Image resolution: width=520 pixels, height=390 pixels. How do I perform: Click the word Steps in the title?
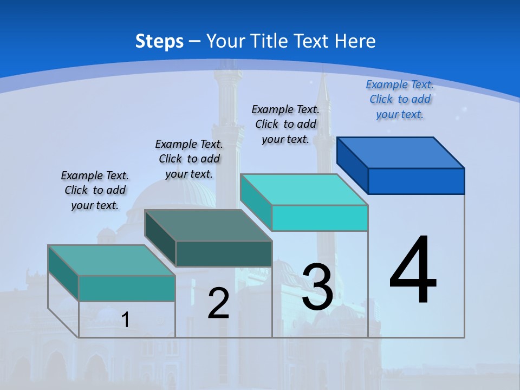159,41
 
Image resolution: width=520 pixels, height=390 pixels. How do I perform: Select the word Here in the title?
355,41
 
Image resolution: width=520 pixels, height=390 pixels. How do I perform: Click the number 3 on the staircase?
317,287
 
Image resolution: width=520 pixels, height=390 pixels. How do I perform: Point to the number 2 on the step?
218,303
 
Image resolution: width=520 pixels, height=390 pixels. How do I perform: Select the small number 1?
126,320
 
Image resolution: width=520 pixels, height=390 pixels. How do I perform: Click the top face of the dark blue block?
401,153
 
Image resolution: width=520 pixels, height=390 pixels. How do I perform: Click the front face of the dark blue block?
416,181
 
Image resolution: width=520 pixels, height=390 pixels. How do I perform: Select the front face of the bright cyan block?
320,218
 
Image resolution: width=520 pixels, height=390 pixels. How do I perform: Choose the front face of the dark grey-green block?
224,253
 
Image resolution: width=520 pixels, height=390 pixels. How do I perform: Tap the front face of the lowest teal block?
127,288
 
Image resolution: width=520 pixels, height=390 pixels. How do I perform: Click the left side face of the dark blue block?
352,165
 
